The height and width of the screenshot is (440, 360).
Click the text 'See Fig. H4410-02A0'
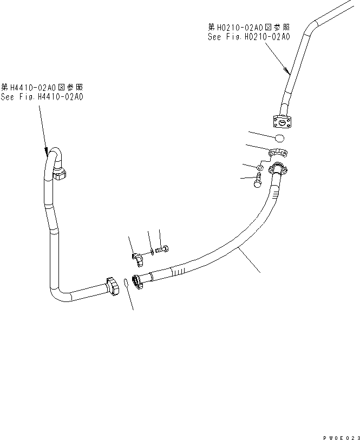pyautogui.click(x=42, y=97)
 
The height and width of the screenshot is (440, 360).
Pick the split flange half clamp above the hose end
pyautogui.click(x=279, y=154)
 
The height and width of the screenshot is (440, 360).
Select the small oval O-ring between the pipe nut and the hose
pyautogui.click(x=126, y=283)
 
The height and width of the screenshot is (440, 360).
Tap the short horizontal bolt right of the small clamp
pyautogui.click(x=161, y=249)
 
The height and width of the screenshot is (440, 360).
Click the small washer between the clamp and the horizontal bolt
pyautogui.click(x=151, y=252)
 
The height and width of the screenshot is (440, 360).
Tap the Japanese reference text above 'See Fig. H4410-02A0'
pyautogui.click(x=42, y=87)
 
